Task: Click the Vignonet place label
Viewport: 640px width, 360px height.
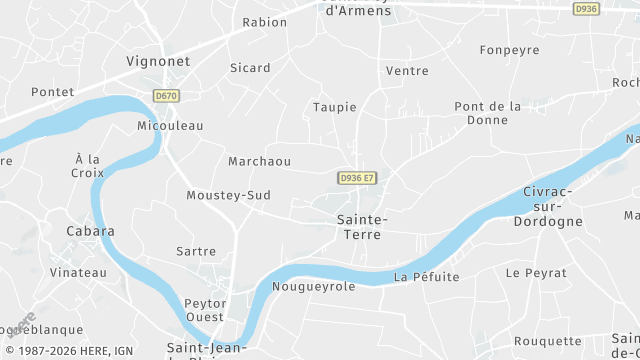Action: click(x=158, y=60)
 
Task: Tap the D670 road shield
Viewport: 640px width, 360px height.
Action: click(x=166, y=96)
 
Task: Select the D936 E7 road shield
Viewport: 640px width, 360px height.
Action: click(x=357, y=178)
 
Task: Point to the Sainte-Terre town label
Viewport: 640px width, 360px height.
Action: click(x=362, y=225)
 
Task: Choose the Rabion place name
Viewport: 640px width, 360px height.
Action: click(x=265, y=21)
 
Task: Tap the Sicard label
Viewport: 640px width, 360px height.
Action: click(x=250, y=68)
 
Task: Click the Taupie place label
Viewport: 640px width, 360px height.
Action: click(x=334, y=107)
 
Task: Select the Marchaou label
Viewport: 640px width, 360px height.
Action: click(x=259, y=161)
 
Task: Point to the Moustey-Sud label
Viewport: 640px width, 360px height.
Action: click(x=228, y=195)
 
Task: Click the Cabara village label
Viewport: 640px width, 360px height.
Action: click(x=90, y=230)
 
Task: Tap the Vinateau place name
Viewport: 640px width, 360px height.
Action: click(x=78, y=272)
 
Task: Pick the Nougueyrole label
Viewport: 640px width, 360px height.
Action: click(x=313, y=286)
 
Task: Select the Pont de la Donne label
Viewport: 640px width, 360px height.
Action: click(x=488, y=112)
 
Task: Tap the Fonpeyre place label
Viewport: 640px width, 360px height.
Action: click(x=509, y=50)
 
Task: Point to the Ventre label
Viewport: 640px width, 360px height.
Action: click(x=407, y=71)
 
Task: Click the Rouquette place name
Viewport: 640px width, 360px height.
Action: click(x=547, y=341)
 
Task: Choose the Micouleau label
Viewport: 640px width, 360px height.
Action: click(x=170, y=126)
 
